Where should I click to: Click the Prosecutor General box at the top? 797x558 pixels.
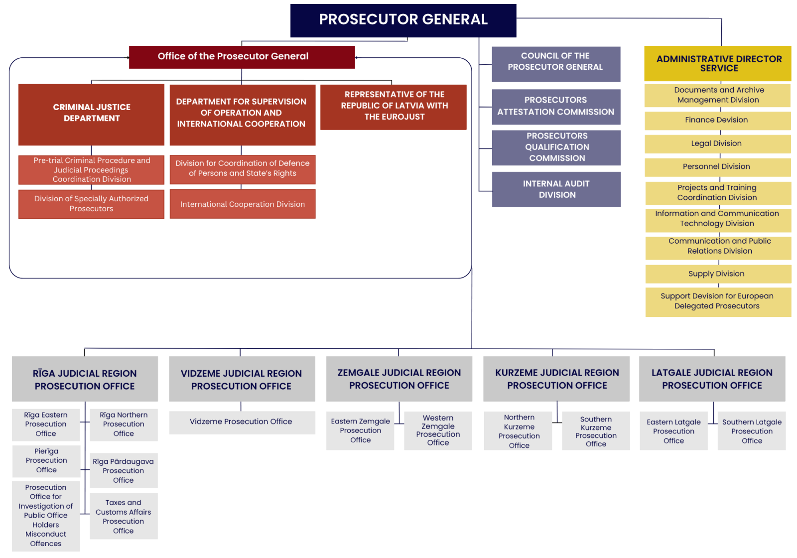(403, 20)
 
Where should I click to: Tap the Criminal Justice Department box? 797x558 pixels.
(92, 114)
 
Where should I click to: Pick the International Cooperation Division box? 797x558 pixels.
(243, 204)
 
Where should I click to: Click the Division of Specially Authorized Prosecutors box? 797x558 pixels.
(91, 204)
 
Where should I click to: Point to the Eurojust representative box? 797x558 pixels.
(394, 107)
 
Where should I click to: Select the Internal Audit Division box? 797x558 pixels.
(556, 189)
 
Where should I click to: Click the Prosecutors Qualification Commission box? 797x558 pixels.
(556, 147)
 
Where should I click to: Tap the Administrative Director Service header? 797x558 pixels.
(718, 63)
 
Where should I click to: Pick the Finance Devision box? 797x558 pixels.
(717, 120)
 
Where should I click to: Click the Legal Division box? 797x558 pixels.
(717, 143)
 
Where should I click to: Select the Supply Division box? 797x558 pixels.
(717, 274)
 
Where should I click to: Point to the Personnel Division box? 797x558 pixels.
(717, 167)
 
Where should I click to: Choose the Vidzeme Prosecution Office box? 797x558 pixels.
(242, 422)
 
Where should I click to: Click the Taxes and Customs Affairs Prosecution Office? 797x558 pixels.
(124, 517)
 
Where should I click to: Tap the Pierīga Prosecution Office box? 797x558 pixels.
(46, 461)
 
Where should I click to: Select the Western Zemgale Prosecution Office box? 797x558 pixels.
(438, 430)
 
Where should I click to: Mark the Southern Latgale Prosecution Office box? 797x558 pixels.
(752, 431)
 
